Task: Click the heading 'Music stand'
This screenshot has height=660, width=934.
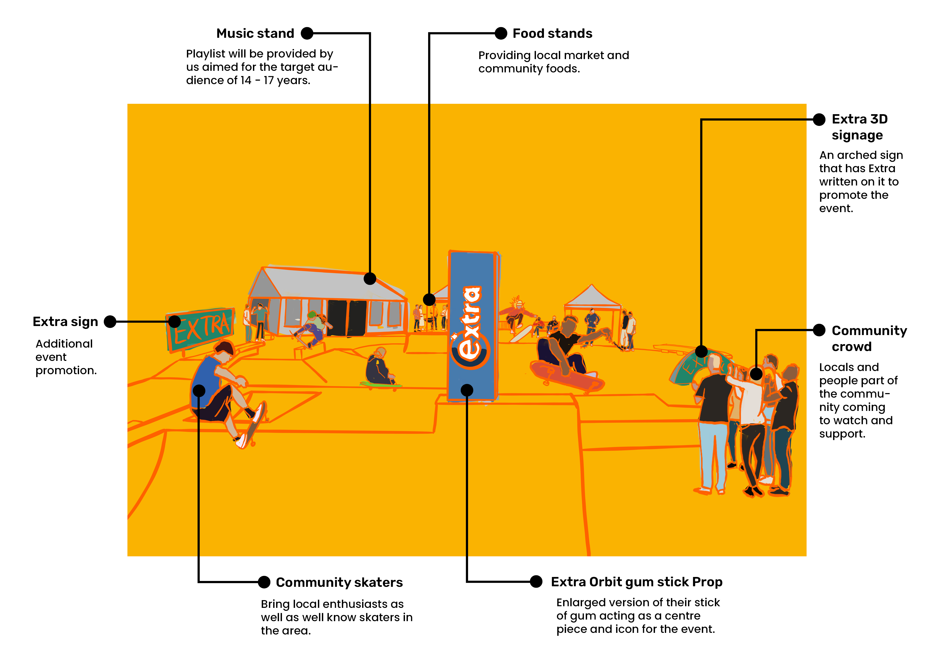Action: [255, 33]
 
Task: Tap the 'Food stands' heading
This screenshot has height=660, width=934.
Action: [552, 33]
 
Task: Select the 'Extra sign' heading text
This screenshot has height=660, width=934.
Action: [65, 322]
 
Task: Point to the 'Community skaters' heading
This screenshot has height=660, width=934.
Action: [339, 582]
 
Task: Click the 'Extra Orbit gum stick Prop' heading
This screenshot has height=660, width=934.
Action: [636, 582]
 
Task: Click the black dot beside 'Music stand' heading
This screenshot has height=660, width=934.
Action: [307, 33]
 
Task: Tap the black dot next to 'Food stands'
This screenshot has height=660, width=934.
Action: [501, 33]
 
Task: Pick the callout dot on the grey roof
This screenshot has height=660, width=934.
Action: [370, 279]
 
